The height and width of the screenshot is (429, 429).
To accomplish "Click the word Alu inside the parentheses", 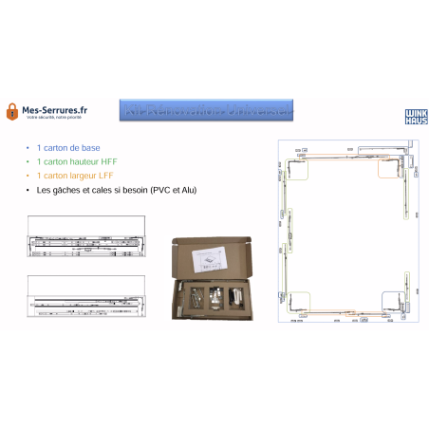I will (190, 189).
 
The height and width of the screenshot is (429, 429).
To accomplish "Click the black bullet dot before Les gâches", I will (28, 189).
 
